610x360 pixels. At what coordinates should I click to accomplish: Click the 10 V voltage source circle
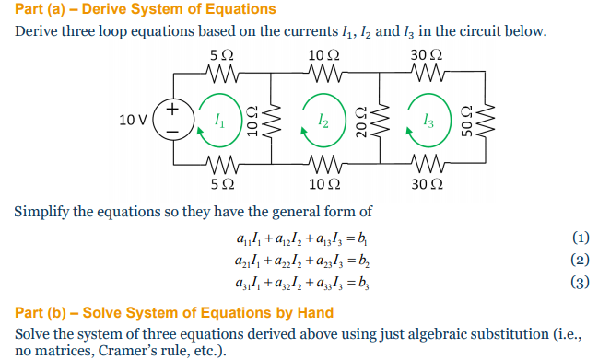(172, 121)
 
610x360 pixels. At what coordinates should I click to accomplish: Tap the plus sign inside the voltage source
(172, 110)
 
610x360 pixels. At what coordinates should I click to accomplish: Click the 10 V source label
(132, 121)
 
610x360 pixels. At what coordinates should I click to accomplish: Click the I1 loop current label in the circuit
(217, 120)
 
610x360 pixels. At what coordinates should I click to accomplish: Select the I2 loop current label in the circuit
(321, 120)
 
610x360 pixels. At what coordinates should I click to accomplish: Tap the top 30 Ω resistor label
(428, 54)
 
